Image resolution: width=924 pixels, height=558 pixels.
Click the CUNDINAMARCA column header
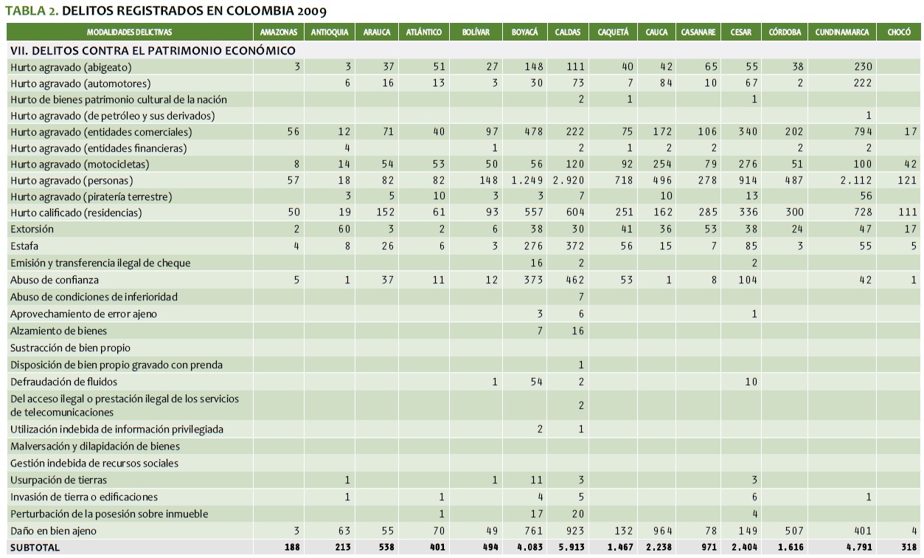click(842, 32)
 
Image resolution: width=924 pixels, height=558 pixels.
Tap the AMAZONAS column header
click(279, 32)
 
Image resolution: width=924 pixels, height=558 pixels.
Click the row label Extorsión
click(32, 230)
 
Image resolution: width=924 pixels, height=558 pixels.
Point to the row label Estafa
click(24, 246)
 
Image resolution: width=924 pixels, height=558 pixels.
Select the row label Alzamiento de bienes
click(58, 331)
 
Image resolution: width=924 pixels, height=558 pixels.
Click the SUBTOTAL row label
click(35, 548)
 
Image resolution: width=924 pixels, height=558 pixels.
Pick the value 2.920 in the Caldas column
click(569, 181)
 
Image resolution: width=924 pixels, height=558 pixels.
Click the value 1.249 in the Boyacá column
click(527, 181)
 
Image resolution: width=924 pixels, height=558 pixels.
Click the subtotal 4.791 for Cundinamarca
click(856, 548)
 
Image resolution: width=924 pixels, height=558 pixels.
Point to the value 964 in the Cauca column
click(661, 531)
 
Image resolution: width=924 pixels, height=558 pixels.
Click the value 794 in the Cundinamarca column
click(860, 132)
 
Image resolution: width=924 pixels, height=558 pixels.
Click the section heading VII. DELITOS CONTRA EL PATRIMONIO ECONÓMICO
click(153, 50)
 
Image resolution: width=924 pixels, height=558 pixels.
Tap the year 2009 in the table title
click(309, 11)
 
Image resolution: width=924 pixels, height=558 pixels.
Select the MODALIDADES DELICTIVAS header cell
click(129, 32)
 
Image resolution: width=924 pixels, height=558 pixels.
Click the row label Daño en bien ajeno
click(53, 531)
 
